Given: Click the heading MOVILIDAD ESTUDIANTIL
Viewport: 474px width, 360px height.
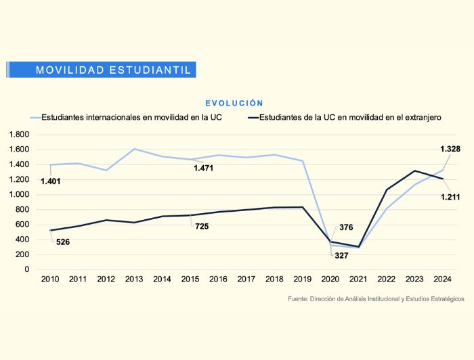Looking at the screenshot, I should click(x=114, y=70).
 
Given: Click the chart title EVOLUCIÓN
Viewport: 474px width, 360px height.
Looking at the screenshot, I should click(x=234, y=104).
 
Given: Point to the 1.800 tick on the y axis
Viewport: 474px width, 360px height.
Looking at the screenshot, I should click(x=20, y=135).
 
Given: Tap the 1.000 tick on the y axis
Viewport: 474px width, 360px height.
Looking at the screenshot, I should click(x=20, y=195).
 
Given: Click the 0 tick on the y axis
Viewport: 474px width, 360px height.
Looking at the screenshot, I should click(x=27, y=269).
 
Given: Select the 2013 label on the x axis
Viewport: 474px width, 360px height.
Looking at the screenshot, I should click(x=134, y=279).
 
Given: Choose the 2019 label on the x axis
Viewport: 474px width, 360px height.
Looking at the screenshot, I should click(x=302, y=279).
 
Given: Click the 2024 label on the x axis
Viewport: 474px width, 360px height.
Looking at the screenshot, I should click(x=442, y=279).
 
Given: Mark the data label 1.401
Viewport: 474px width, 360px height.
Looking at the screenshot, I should click(x=51, y=181).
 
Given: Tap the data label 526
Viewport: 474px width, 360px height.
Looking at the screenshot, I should click(x=63, y=242).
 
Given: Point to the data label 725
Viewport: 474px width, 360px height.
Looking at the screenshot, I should click(x=202, y=227).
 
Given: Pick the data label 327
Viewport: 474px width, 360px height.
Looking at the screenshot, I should click(x=341, y=255).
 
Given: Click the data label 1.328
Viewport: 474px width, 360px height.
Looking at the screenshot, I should click(x=451, y=149).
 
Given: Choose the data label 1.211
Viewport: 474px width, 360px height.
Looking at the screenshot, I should click(x=451, y=197).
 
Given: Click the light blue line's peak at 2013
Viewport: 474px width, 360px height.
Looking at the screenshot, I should click(x=134, y=149).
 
